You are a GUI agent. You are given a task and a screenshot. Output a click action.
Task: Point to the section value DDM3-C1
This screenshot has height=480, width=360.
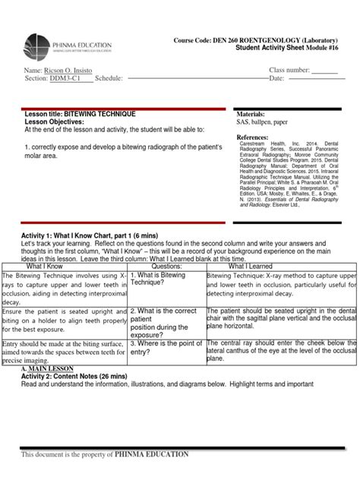click(x=67, y=79)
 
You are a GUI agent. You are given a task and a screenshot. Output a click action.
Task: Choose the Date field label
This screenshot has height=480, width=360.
click(x=276, y=79)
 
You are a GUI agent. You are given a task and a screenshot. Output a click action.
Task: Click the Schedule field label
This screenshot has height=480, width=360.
click(x=109, y=79)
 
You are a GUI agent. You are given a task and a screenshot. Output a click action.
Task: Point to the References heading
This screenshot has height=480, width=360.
click(x=254, y=137)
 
